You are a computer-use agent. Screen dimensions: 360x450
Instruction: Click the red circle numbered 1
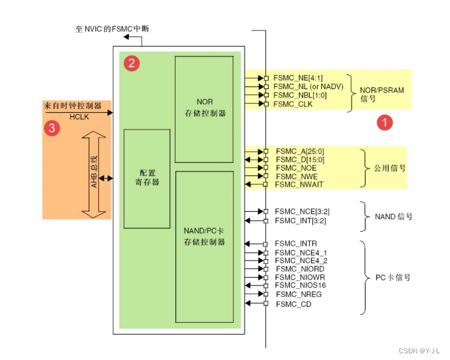click(x=384, y=122)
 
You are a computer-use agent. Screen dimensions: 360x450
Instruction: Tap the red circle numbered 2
click(x=132, y=64)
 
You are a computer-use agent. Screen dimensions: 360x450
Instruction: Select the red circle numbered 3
click(x=52, y=128)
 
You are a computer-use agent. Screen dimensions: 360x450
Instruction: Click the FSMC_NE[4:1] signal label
click(x=298, y=78)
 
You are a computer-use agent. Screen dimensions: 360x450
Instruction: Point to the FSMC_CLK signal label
click(x=292, y=104)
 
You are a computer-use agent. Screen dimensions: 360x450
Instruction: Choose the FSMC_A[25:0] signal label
click(x=298, y=151)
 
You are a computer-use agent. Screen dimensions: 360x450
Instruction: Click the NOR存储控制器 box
click(x=204, y=109)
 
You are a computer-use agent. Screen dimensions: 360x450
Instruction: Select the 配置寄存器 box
click(x=147, y=178)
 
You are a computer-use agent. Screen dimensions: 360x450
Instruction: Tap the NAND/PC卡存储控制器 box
click(x=204, y=246)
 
